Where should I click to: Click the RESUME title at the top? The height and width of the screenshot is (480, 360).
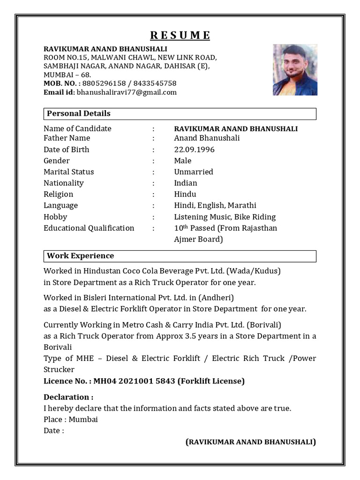pos(180,36)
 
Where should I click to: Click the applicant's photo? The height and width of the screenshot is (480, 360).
pos(295,70)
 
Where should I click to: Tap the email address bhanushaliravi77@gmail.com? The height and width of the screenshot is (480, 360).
pos(127,92)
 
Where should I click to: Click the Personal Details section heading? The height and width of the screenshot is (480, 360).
pos(79,113)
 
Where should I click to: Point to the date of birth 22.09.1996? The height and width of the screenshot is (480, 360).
pos(194,150)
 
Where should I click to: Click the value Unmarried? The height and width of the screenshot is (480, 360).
pos(193,172)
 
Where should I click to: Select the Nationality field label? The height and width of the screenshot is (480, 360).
pos(64,183)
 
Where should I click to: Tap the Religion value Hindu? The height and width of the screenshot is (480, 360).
pos(185,195)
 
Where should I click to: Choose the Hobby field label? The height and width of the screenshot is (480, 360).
pos(55,217)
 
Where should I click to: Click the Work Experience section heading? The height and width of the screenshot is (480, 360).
pos(80,256)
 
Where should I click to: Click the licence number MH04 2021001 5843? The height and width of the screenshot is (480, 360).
pos(134,381)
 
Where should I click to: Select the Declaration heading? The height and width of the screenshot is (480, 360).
pos(68,397)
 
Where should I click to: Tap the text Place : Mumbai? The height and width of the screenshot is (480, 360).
pos(71,420)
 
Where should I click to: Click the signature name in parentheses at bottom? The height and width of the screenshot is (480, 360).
pos(251,442)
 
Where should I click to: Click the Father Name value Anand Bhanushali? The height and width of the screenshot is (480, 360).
pos(207,138)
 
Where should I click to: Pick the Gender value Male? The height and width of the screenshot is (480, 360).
pos(182,161)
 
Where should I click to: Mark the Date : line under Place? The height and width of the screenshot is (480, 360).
pos(54,431)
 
